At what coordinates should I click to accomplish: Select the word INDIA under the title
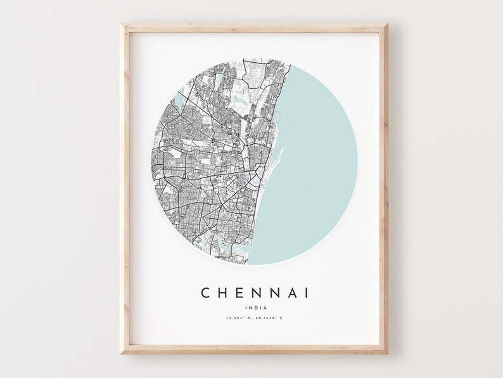(252, 307)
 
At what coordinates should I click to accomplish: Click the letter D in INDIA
(252, 307)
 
